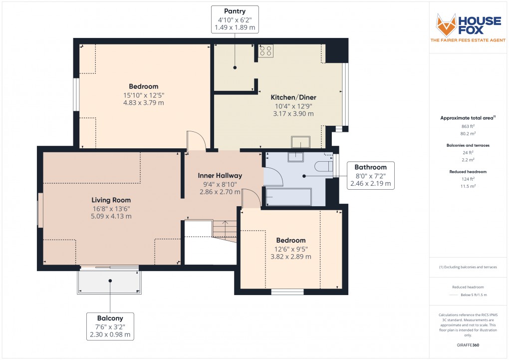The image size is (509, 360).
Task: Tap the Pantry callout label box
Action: pos(235,19)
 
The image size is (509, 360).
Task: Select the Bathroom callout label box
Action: pos(370,175)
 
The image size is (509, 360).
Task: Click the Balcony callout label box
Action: pos(110,326)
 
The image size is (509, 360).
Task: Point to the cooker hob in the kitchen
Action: pos(265,50)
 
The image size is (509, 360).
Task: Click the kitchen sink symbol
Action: pos(301,142)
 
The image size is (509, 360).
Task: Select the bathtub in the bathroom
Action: pos(289,197)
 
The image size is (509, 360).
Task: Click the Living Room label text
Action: pos(104,200)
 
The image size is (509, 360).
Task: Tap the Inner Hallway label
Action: pos(220,175)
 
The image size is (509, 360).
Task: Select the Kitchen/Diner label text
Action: pos(293,97)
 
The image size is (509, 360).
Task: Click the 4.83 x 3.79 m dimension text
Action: pos(144,103)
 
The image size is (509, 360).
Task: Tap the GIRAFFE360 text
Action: pos(468,345)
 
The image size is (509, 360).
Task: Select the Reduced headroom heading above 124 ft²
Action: pos(468,171)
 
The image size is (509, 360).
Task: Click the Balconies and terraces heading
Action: pos(468,145)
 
